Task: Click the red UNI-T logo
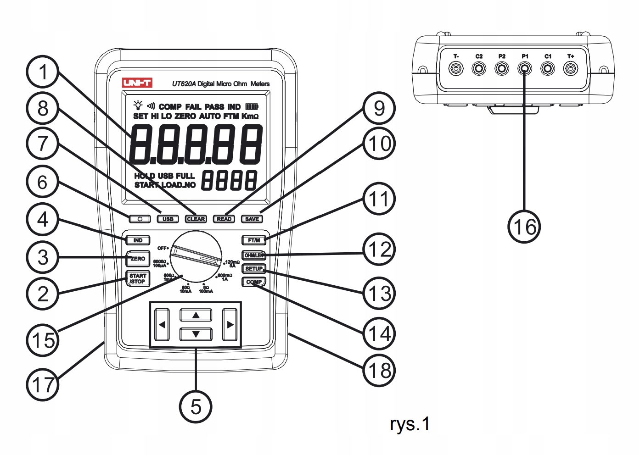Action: pos(137,83)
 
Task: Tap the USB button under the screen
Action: pos(168,219)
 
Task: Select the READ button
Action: pos(224,219)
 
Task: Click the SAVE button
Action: pos(252,219)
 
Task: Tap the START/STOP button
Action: pos(137,279)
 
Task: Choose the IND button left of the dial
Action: pos(138,240)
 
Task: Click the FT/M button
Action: pos(254,240)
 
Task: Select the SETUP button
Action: pos(254,269)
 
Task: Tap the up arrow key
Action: pos(196,315)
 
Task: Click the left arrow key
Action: pos(162,325)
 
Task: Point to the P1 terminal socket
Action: pos(525,69)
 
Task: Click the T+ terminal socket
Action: pos(571,69)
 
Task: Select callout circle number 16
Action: pos(524,227)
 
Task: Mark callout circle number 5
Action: pos(196,406)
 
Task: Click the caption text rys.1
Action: pos(410,424)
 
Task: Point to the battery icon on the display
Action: pos(252,106)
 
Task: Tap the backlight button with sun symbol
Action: pos(140,219)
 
